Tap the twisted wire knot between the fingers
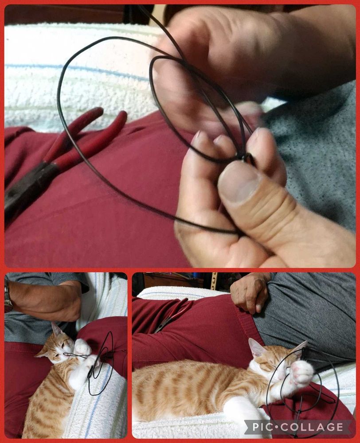(x=244, y=157)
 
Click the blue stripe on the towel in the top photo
(x=76, y=70)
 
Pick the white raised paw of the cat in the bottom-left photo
(x=82, y=347)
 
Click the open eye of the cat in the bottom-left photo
(x=64, y=344)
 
